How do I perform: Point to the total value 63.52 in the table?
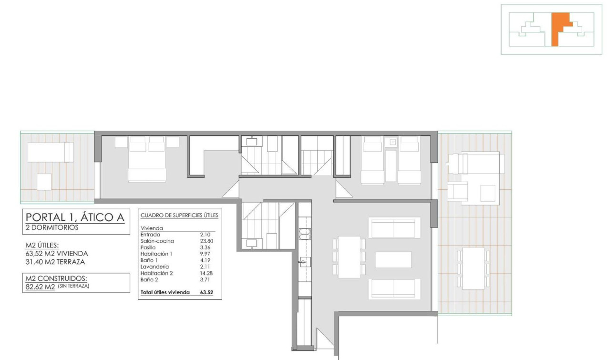click(x=207, y=292)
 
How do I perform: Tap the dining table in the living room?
click(x=349, y=257)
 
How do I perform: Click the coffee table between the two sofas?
click(x=393, y=259)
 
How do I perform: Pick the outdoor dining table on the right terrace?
click(x=473, y=268)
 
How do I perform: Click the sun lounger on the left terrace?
click(x=50, y=153)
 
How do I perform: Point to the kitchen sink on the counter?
click(x=305, y=261)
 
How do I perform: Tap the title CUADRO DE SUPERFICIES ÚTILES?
click(x=179, y=216)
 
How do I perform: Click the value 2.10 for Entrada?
click(x=205, y=235)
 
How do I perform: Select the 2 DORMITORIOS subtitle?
click(x=52, y=228)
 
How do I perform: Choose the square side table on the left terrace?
click(x=44, y=182)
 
